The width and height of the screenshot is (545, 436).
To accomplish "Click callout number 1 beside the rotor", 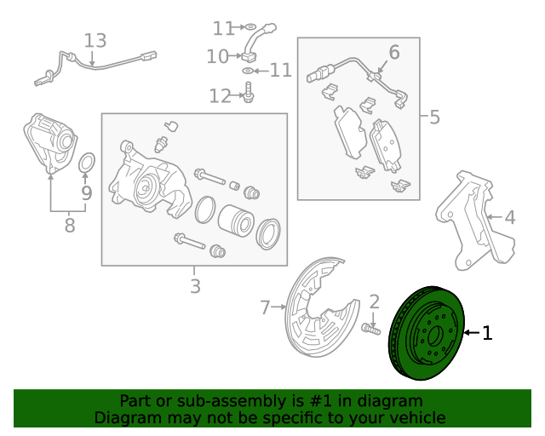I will coord(488,333).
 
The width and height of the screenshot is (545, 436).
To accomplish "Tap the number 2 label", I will coord(374,301).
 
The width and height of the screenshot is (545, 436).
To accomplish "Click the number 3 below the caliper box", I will coord(195,286).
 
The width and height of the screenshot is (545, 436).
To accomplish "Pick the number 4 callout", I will coord(509,218).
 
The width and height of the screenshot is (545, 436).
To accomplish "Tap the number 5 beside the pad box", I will coord(434,117).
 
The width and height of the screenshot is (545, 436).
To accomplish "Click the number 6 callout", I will coord(393,53).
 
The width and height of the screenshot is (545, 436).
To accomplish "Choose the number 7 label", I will coord(265,306).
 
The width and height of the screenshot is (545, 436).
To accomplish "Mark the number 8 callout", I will coord(69,226).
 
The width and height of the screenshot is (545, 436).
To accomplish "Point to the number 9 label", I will coord(86,193).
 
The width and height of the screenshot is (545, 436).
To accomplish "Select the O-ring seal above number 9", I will coord(87,163).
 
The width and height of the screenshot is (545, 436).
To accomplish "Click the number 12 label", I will coord(220,96).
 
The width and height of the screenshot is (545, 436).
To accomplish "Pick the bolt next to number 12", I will coord(248,93).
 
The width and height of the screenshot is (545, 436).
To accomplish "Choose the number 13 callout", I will coord(95,40).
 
